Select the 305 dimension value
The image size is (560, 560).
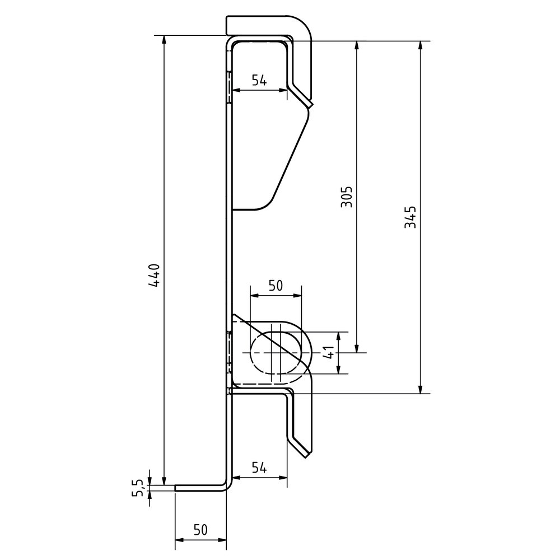(347, 197)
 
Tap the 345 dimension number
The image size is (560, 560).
(410, 217)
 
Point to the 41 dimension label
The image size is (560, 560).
(329, 352)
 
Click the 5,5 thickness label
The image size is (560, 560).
(138, 488)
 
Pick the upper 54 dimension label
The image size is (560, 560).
(259, 80)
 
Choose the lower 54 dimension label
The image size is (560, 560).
(259, 467)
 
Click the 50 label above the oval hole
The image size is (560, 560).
(276, 286)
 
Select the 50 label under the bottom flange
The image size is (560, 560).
(200, 530)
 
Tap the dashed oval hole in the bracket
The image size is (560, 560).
(276, 352)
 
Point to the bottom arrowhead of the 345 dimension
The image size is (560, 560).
(421, 389)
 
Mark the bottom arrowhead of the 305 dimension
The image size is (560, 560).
(356, 348)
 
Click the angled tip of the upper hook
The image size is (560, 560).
(310, 105)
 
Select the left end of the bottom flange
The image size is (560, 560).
(175, 488)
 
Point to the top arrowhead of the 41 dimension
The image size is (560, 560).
(339, 336)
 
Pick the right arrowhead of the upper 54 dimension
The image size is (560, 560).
(283, 90)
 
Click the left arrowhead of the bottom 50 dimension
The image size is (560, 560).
(179, 540)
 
